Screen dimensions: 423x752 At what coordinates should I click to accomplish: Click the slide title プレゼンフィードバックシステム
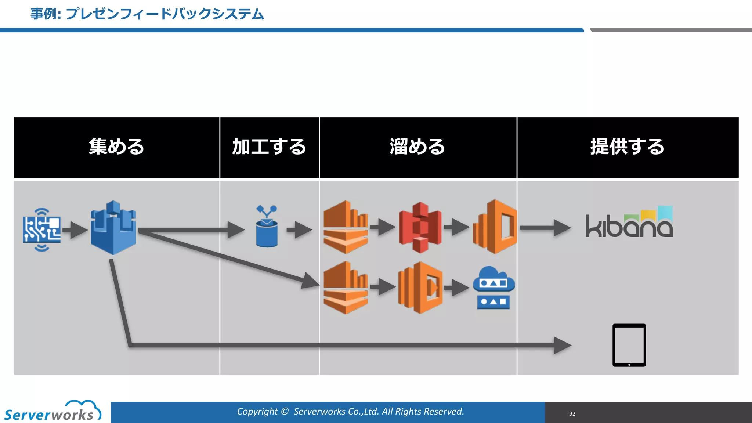(x=147, y=14)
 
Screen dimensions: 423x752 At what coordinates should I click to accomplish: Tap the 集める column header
(x=116, y=147)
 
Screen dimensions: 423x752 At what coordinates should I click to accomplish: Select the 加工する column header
(x=269, y=147)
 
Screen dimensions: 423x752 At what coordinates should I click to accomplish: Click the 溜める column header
(x=417, y=147)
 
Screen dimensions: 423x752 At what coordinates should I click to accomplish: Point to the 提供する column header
(x=628, y=147)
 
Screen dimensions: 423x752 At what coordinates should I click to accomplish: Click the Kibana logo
(x=629, y=223)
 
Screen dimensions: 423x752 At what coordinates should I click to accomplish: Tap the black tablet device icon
(x=629, y=345)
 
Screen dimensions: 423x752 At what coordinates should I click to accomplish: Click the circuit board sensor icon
(x=41, y=230)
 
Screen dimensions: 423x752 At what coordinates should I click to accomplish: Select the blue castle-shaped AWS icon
(x=113, y=228)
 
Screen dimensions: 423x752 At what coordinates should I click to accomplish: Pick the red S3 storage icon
(x=420, y=227)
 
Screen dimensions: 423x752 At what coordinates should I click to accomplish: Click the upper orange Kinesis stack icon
(x=345, y=227)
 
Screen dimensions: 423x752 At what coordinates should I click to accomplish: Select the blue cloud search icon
(x=493, y=288)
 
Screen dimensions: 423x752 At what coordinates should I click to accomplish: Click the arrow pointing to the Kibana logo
(x=545, y=228)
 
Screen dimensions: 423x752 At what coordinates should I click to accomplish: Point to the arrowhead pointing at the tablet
(x=562, y=345)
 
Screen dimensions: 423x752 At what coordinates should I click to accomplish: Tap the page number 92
(x=572, y=414)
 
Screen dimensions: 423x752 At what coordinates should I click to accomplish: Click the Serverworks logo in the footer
(x=51, y=412)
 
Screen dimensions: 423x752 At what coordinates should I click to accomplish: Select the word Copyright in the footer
(x=257, y=411)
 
